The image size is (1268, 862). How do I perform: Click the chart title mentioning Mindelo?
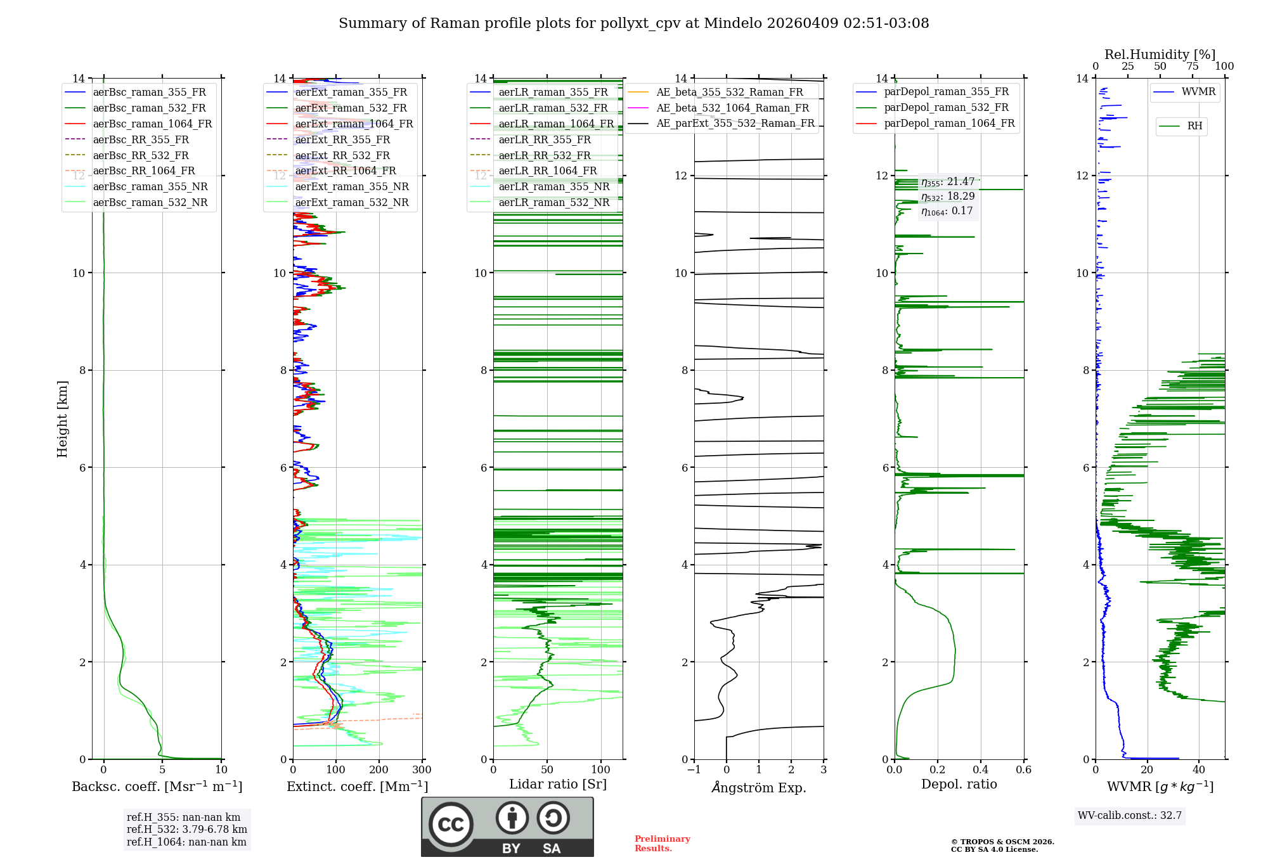[633, 23]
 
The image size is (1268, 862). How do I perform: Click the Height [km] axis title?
[62, 419]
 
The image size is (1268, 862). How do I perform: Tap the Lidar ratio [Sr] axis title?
[558, 784]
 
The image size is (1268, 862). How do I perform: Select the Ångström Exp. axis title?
[759, 787]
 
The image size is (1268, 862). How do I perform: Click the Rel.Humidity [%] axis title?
[1160, 55]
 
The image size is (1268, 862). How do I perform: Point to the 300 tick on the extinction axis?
[422, 770]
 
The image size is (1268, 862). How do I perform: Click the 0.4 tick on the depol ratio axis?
[981, 770]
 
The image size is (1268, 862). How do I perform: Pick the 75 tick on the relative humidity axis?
[1192, 67]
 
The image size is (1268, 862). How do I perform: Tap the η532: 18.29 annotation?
[948, 196]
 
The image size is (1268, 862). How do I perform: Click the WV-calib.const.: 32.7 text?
[1130, 816]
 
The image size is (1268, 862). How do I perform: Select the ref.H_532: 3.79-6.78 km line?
[187, 829]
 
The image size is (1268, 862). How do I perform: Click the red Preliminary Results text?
[662, 844]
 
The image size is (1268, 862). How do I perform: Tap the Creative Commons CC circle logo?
[451, 825]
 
